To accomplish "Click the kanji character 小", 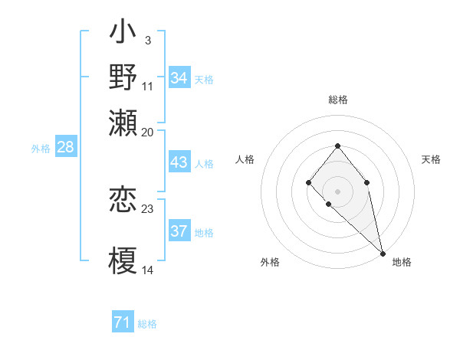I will coord(123,33).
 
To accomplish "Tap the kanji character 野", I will coord(123,77).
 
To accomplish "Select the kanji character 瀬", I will coord(123,121).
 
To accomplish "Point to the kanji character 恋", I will coord(123,200).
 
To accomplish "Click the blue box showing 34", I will coord(179,78).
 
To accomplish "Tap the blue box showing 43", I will coord(179,163).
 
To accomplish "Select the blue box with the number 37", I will coord(179,232).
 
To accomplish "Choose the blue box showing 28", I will coord(65,148).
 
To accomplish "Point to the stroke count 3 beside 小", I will coord(147,40).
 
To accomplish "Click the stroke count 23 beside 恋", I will coord(147,208).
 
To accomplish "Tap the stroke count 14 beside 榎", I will coord(147,270).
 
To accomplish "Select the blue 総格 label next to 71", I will coord(147,324).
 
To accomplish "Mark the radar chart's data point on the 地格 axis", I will coord(383,253).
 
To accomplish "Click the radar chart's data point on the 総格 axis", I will coord(337,146).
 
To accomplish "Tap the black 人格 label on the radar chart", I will coord(245,159).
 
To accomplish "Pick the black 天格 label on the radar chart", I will coord(431,159).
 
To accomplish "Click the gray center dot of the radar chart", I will coord(337,191).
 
